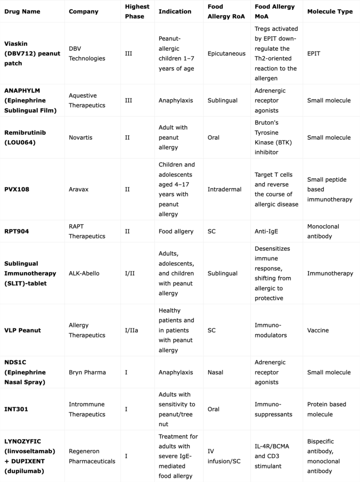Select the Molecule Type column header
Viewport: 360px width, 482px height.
pyautogui.click(x=329, y=11)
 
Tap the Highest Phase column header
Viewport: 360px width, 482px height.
pyautogui.click(x=137, y=11)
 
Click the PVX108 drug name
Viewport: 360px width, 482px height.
pyautogui.click(x=16, y=189)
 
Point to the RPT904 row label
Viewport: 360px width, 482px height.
pyautogui.click(x=16, y=231)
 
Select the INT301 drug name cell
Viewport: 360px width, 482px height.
pyautogui.click(x=16, y=409)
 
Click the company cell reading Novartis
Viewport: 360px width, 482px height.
pyautogui.click(x=81, y=137)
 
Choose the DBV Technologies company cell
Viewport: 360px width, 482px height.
pyautogui.click(x=87, y=54)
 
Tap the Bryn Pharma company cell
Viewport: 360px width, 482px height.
pyautogui.click(x=87, y=372)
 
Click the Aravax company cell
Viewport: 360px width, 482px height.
pyautogui.click(x=79, y=189)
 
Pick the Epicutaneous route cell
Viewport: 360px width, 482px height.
pyautogui.click(x=226, y=54)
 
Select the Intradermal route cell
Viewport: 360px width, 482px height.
pyautogui.click(x=224, y=189)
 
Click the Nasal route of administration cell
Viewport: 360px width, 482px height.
pyautogui.click(x=216, y=372)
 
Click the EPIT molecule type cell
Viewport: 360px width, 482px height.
pyautogui.click(x=314, y=54)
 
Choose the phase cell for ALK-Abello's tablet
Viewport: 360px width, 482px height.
pyautogui.click(x=129, y=273)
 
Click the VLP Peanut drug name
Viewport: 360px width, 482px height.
pyautogui.click(x=23, y=330)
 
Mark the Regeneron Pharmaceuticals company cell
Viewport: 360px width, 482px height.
pyautogui.click(x=92, y=456)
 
